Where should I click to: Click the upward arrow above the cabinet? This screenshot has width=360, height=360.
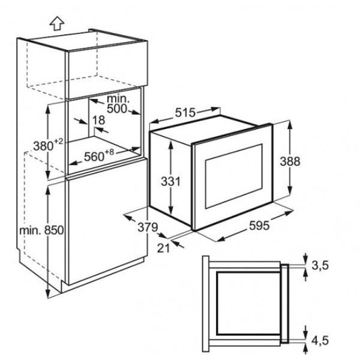(57, 23)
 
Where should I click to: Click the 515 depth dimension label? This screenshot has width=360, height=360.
(185, 113)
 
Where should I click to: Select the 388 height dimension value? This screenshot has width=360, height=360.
(290, 161)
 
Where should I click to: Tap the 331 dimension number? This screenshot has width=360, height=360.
(171, 181)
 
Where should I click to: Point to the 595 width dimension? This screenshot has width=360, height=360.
(259, 225)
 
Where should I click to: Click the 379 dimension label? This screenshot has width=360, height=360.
(148, 227)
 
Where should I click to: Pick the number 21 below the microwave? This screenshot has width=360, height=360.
(163, 248)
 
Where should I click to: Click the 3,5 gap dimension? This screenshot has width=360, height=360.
(320, 265)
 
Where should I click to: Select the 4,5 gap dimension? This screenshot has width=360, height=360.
(320, 340)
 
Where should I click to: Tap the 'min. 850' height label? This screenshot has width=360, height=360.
(41, 230)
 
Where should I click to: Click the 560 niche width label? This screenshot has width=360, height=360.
(94, 157)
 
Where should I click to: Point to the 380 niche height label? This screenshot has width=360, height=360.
(43, 146)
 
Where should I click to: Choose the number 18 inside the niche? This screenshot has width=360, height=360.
(99, 120)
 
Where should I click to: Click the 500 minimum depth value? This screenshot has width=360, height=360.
(117, 109)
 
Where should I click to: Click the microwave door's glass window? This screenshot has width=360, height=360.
(234, 176)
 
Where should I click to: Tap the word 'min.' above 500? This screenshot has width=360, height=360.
(118, 98)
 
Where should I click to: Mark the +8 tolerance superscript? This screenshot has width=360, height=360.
(110, 152)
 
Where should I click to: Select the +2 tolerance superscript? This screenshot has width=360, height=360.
(58, 141)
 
